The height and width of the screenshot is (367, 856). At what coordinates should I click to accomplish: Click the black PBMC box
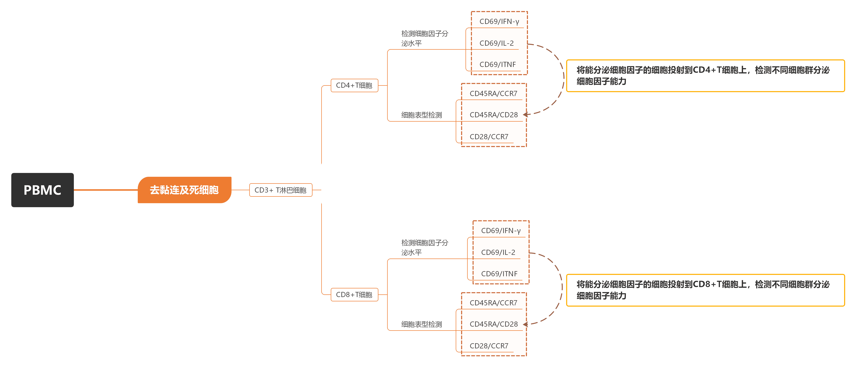42,190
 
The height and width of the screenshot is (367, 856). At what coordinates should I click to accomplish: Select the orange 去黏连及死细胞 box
184,190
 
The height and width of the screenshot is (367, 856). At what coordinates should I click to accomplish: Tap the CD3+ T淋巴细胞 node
280,190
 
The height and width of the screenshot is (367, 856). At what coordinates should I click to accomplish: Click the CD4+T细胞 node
354,86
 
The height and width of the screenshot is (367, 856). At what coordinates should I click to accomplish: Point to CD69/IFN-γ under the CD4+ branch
499,22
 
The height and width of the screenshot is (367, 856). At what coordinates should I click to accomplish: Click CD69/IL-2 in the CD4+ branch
496,43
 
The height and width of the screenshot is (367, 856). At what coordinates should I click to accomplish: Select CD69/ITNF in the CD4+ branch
497,65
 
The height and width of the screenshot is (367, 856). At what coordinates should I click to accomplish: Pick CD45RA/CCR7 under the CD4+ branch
493,94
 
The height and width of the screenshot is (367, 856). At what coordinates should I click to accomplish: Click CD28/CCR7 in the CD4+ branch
489,137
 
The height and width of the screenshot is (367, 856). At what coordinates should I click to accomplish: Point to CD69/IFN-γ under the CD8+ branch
501,231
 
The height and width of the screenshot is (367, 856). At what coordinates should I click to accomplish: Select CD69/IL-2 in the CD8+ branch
498,253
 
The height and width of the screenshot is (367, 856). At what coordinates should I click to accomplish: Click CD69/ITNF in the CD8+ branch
499,274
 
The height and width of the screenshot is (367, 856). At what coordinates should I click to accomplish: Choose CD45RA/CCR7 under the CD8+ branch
493,303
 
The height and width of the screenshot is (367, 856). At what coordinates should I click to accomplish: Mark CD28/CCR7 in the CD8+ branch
489,346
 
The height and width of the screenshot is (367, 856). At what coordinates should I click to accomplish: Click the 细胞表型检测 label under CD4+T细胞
421,115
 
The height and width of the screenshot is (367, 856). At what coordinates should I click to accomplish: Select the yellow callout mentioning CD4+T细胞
705,76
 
